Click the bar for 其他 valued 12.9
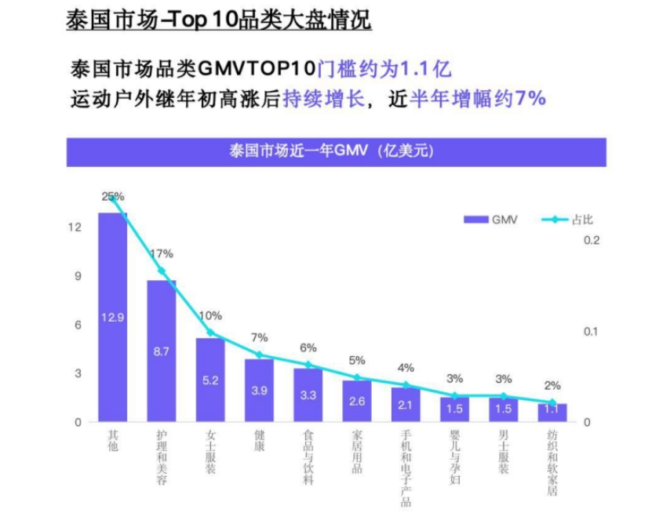coord(112,317)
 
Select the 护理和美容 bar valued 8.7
coord(162,351)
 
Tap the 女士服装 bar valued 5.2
coord(210,380)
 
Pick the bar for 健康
coord(259,391)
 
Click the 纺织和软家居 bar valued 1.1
coord(553,413)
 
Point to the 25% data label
coord(113,196)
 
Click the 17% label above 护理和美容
coord(162,254)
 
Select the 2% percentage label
coord(553,385)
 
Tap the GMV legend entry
coord(490,220)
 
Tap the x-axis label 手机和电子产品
coord(406,462)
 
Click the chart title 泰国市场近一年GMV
coord(330,152)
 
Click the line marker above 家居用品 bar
coord(357,377)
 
